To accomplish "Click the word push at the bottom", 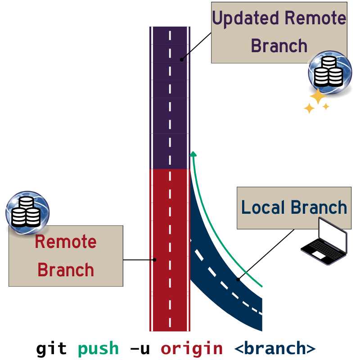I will (98, 349).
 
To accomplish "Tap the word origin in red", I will (192, 349).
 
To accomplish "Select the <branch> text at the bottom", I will (275, 349).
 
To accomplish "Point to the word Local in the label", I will (263, 208).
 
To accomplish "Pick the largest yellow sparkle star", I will (318, 96).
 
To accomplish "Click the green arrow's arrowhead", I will (193, 155).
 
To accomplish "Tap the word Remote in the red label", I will (66, 242).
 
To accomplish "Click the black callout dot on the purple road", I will (182, 59).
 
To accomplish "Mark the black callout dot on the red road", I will (154, 260).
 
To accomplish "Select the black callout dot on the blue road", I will (238, 280).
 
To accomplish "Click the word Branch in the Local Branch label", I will (319, 208).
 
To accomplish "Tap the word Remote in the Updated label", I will (315, 18).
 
